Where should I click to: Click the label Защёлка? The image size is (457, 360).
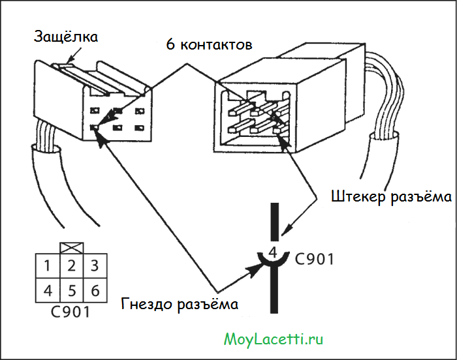tap(66, 36)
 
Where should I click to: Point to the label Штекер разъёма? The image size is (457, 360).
tap(391, 196)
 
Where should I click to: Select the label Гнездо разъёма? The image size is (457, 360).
tap(180, 304)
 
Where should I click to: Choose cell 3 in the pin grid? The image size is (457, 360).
tap(95, 266)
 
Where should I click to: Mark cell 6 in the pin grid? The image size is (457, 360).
tap(95, 290)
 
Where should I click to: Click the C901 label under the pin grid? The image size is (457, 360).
tap(70, 311)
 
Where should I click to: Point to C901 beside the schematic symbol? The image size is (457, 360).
tap(314, 259)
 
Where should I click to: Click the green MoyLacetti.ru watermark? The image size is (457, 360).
tap(274, 338)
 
